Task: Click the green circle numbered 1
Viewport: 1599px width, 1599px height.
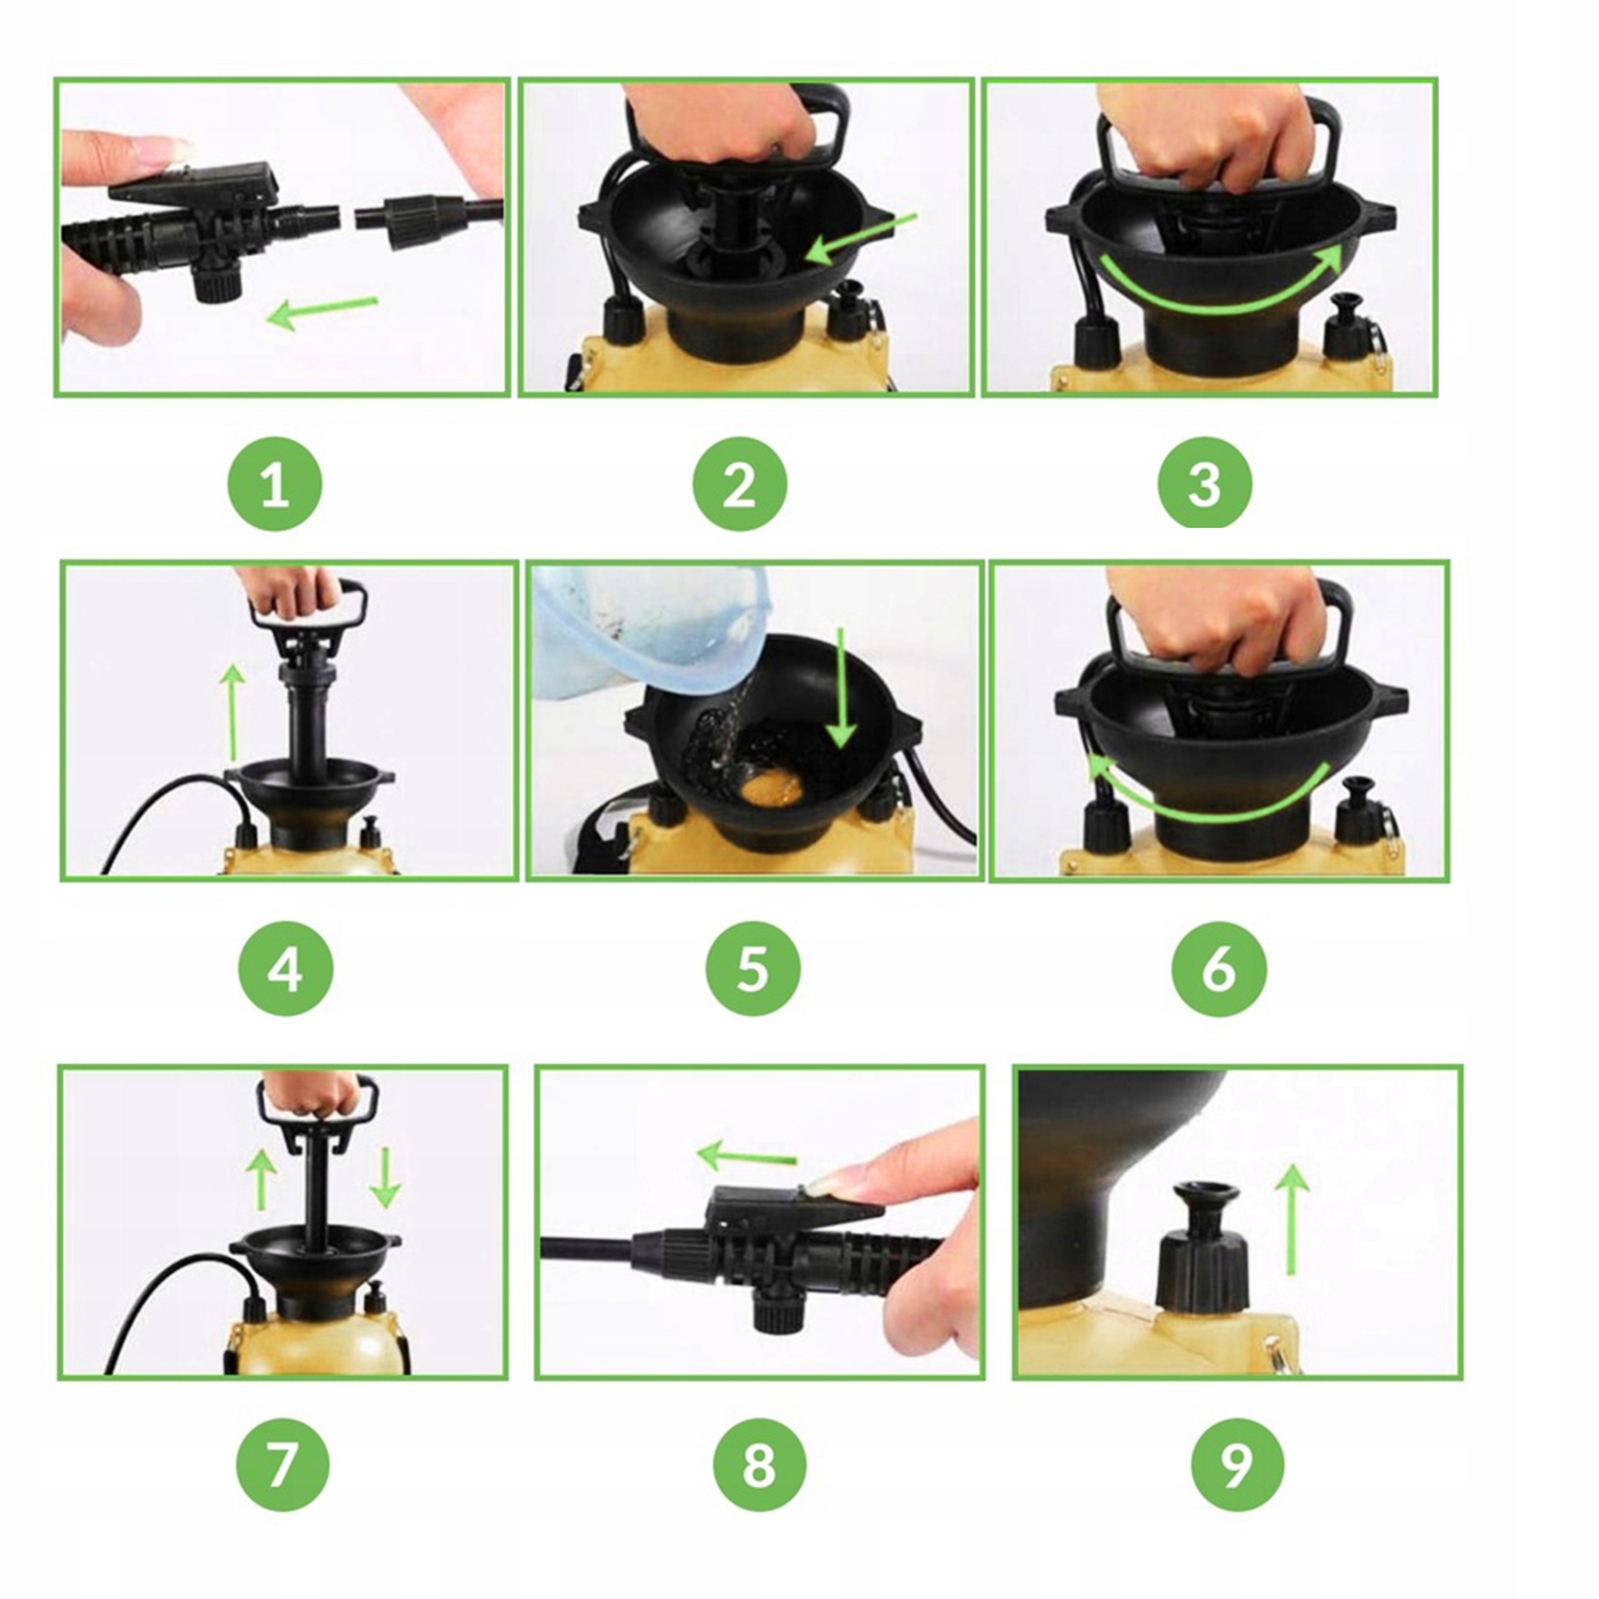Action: pyautogui.click(x=275, y=483)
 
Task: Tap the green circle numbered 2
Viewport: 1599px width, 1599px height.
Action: pyautogui.click(x=740, y=483)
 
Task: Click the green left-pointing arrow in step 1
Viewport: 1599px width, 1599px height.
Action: pyautogui.click(x=323, y=310)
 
